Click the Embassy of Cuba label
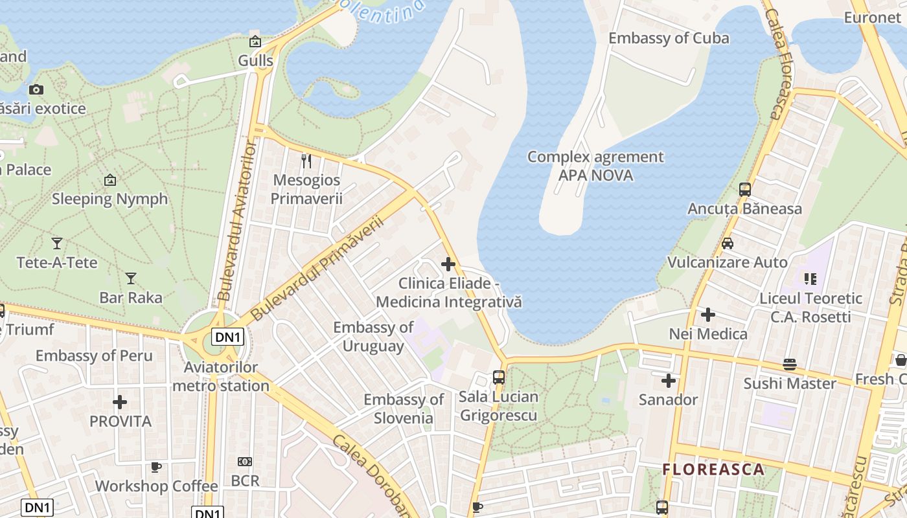(669, 38)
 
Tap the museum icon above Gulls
(255, 41)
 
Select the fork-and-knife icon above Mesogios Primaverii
(306, 161)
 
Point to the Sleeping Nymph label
(109, 199)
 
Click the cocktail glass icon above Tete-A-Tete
(57, 243)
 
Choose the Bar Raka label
(131, 298)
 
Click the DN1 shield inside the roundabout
(228, 337)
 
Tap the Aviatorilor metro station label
(221, 377)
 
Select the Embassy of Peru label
(94, 356)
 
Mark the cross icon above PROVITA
(120, 402)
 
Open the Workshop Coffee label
(157, 486)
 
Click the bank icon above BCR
(245, 462)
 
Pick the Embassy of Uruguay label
(373, 337)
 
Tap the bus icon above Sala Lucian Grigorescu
(498, 377)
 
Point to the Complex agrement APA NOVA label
(595, 166)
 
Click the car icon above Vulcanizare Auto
(728, 243)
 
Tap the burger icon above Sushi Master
(790, 365)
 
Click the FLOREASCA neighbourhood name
(713, 469)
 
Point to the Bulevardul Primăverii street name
(317, 269)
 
